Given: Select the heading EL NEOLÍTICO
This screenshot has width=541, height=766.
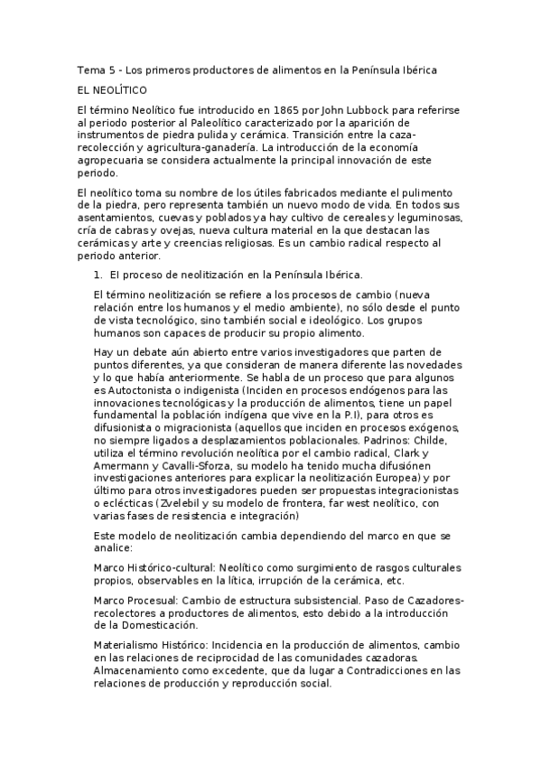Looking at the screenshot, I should [117, 90].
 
